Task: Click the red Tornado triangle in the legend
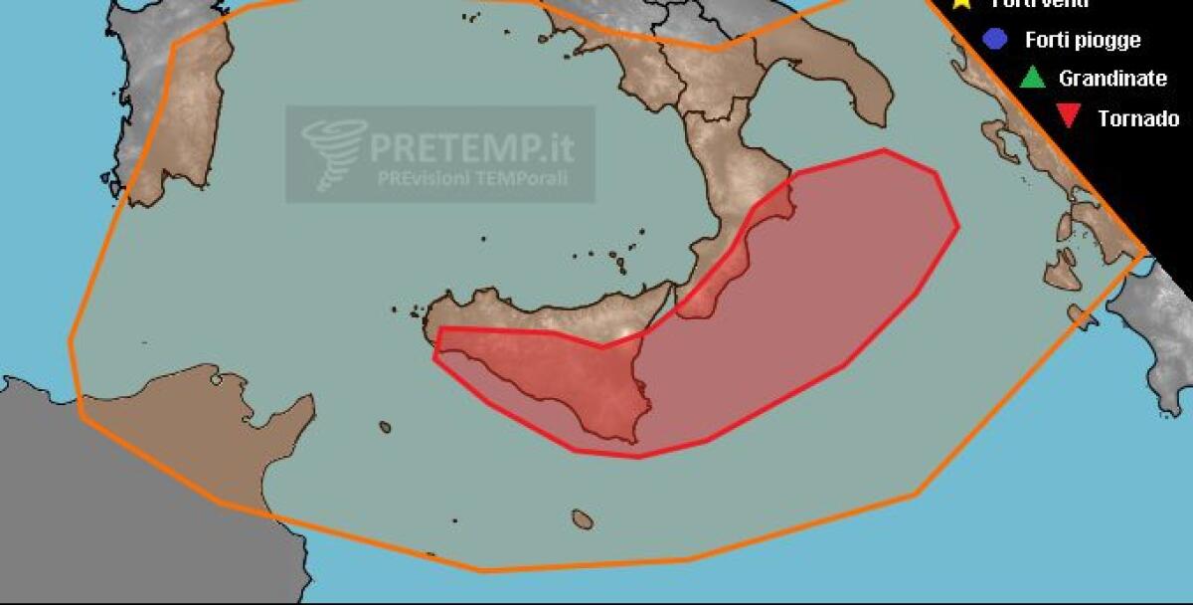coord(1070,117)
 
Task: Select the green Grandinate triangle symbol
coord(1032,77)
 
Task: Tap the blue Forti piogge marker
coord(993,39)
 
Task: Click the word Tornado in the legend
coord(1138,118)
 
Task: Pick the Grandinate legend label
coord(1112,78)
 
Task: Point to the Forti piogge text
coord(1083,41)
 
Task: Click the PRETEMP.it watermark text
coord(471,148)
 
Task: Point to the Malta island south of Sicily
coord(583,519)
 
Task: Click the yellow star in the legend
coord(960,3)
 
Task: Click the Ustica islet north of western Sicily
coord(484,239)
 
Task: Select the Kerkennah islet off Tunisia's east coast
coord(215,376)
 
